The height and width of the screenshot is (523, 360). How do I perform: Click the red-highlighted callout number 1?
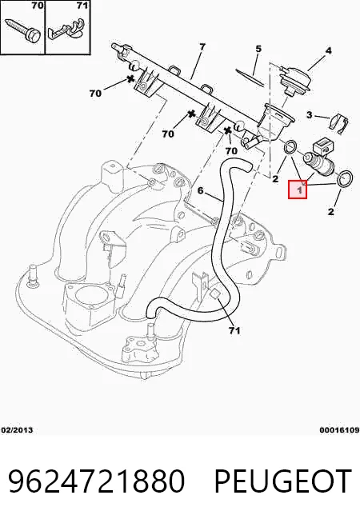[x=298, y=190]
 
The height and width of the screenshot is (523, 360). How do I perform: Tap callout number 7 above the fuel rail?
[x=202, y=47]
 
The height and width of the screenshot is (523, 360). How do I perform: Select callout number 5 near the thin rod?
[x=258, y=49]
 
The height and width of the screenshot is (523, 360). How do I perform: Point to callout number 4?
[x=328, y=50]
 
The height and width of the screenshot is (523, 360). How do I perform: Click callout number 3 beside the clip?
[x=310, y=114]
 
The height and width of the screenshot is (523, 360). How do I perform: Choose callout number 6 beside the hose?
[x=200, y=190]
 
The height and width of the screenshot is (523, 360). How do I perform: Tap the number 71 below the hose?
[x=234, y=330]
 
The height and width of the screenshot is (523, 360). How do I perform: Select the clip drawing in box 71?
[x=66, y=30]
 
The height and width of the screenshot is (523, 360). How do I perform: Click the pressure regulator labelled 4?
[x=295, y=78]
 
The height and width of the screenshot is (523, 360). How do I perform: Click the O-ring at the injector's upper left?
[x=290, y=147]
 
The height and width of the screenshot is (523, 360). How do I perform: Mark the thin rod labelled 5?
[x=251, y=78]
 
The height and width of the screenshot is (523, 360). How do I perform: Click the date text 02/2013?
[x=17, y=430]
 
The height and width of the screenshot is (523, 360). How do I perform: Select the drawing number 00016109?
[x=339, y=430]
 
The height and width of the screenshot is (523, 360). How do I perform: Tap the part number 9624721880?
[x=96, y=481]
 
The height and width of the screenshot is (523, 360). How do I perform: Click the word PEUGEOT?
[x=283, y=481]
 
